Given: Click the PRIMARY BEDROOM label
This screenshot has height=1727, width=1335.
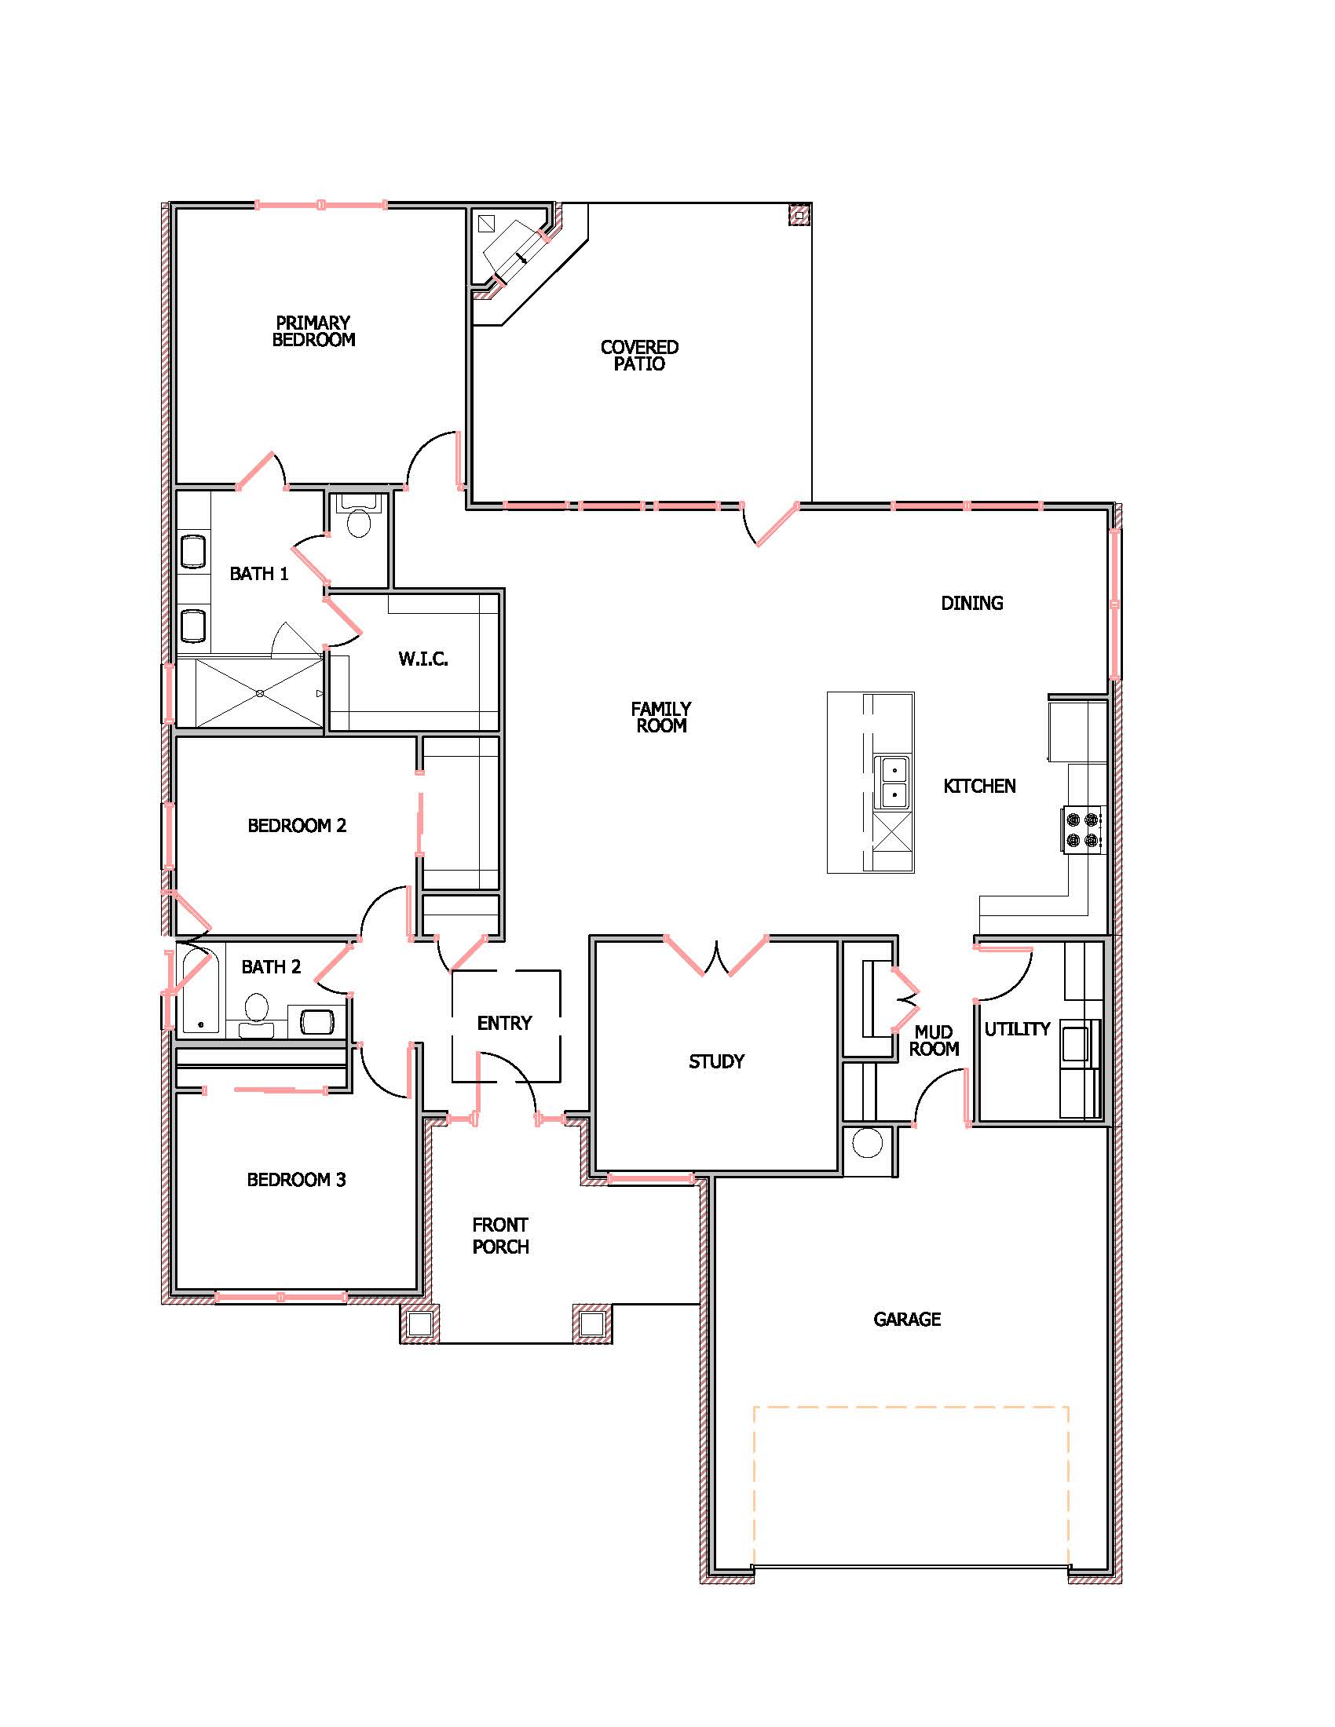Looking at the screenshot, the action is click(313, 331).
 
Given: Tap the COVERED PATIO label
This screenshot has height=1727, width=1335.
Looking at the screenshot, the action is click(639, 356).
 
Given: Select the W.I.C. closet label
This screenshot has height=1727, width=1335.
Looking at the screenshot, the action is click(423, 659).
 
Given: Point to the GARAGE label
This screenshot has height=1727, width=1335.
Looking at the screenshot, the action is click(907, 1319).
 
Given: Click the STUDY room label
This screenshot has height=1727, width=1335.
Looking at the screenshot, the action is click(716, 1061).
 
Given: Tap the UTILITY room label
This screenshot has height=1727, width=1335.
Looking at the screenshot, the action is click(1017, 1029).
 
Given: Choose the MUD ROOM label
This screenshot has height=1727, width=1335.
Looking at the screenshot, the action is click(934, 1041).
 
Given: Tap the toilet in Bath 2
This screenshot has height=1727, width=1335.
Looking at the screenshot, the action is click(256, 1015).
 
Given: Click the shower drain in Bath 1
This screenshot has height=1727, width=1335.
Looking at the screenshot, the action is click(260, 692).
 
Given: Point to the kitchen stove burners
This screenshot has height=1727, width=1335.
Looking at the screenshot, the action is click(1083, 829).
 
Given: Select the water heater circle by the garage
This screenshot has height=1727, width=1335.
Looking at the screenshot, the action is click(868, 1144).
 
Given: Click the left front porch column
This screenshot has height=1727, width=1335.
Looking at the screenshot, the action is click(420, 1323).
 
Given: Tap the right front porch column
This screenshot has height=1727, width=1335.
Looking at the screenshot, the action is click(592, 1323).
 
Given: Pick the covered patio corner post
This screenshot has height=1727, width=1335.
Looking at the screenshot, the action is click(799, 214).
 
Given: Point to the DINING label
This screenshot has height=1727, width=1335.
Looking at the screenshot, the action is click(972, 604).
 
